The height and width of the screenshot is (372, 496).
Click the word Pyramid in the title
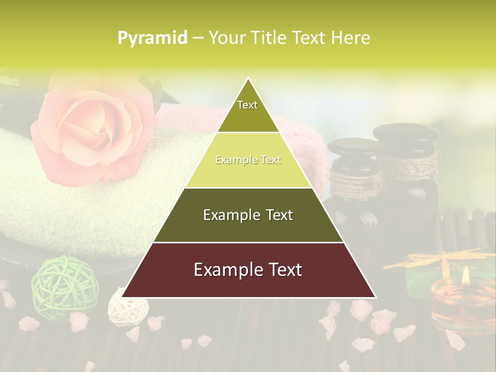[x=152, y=38]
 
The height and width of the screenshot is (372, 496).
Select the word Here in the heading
[x=351, y=38]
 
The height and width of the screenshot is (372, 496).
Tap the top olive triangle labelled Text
[x=248, y=111]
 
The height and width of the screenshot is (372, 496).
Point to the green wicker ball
[x=56, y=284]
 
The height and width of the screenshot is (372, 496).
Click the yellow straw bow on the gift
[x=439, y=258]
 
